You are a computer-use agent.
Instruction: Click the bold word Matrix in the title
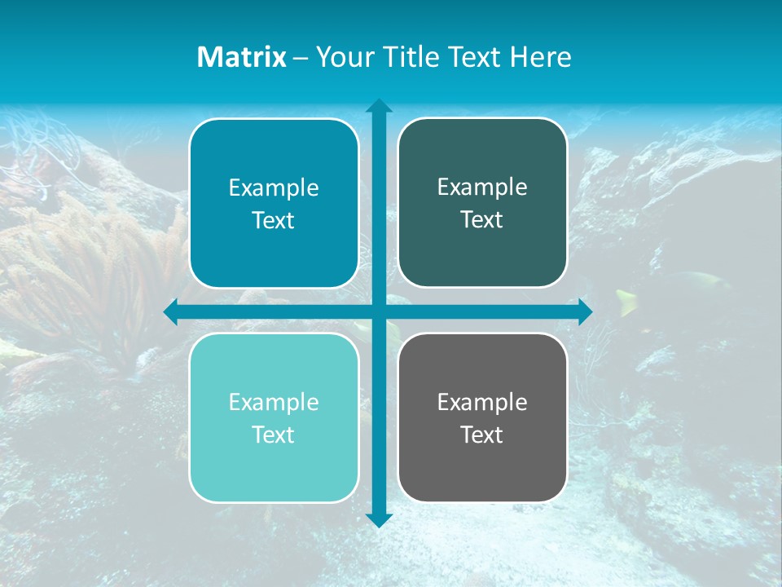(241, 57)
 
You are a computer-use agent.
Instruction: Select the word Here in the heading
(540, 57)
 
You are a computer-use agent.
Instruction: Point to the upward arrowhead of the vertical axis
(379, 106)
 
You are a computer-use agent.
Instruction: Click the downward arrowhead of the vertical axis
(379, 520)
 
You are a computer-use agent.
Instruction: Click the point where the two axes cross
(379, 311)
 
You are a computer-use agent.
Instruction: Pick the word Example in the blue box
(274, 188)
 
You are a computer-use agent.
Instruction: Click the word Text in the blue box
(273, 221)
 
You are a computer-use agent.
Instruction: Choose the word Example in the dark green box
(482, 188)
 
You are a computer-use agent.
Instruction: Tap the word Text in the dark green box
(481, 220)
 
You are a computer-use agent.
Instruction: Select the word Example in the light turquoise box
(274, 403)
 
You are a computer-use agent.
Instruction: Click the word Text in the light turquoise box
(273, 435)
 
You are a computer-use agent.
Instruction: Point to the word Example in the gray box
(482, 403)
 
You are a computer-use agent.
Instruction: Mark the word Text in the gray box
(481, 435)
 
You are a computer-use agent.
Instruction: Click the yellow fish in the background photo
(626, 302)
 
